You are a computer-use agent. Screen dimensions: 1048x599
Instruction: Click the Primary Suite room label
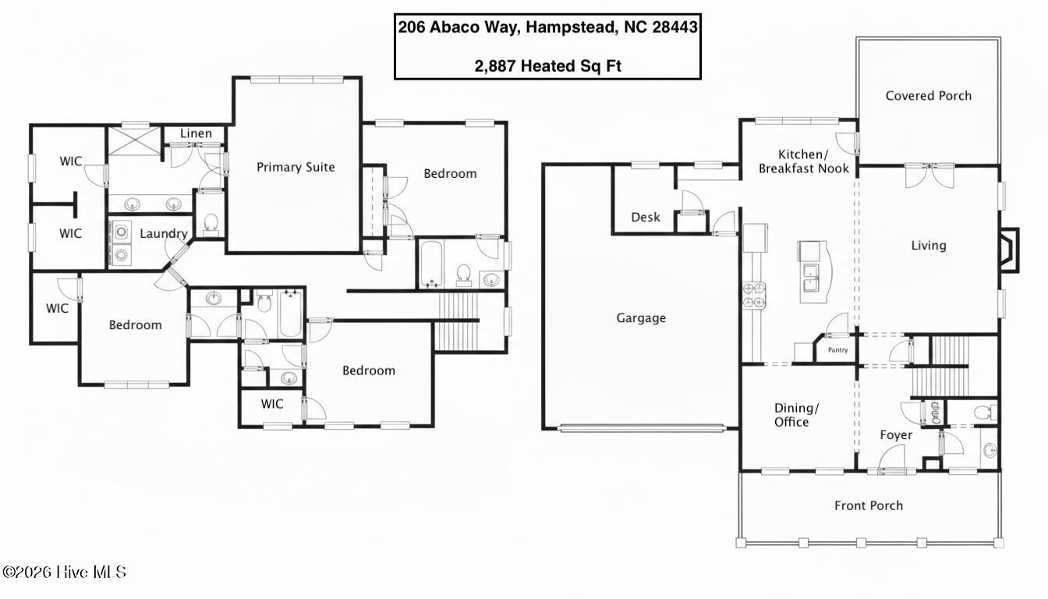[x=296, y=167]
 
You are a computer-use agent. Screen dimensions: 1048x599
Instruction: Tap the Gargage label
[x=641, y=318]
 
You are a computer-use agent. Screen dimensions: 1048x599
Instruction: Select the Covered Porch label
[x=928, y=95]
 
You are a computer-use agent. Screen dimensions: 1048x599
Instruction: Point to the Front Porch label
[x=869, y=505]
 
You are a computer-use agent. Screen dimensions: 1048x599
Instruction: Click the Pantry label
[x=837, y=350]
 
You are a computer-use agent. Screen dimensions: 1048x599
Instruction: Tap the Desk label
[x=646, y=217]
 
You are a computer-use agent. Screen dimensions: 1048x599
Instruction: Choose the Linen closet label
[x=196, y=133]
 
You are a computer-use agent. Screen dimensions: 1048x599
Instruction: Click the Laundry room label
[x=164, y=233]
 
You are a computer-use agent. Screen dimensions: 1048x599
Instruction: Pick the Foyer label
[x=896, y=435]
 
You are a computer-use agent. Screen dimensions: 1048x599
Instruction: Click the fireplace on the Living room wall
[x=1009, y=250]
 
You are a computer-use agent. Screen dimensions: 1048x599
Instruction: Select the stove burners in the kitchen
[x=754, y=296]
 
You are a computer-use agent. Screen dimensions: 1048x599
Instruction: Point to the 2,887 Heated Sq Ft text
[x=548, y=66]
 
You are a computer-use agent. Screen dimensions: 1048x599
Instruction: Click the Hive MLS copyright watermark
[x=64, y=572]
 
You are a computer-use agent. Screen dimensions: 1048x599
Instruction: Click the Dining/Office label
[x=796, y=415]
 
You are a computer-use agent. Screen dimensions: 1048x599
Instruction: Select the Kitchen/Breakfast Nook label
[x=804, y=161]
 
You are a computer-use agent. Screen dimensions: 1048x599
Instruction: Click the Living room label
[x=928, y=246]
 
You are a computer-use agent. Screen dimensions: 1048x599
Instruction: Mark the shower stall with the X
[x=135, y=140]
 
